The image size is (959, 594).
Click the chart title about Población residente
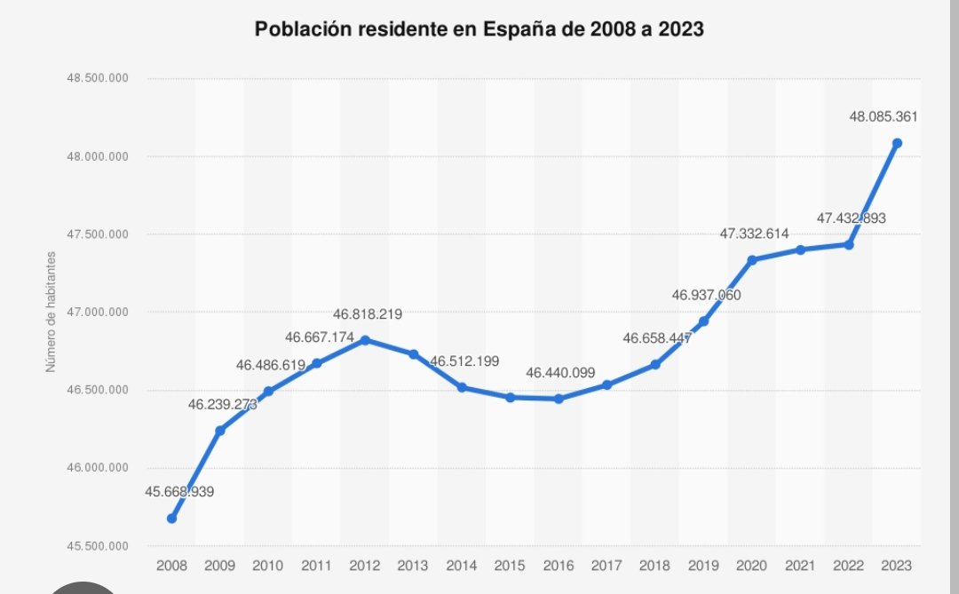(479, 29)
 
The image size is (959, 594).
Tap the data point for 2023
(897, 143)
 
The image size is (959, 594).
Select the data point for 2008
(171, 519)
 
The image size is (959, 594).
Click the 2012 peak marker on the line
(365, 340)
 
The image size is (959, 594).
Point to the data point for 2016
(559, 399)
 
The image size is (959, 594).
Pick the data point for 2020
(752, 259)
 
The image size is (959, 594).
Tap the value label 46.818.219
(368, 314)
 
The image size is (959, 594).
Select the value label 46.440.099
(560, 374)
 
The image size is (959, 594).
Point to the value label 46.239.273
(222, 404)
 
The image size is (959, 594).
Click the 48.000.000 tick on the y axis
(98, 157)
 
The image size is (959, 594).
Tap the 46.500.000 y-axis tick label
(98, 391)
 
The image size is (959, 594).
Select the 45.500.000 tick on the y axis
(98, 546)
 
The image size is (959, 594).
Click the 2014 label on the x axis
(462, 565)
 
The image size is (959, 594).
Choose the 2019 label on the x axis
(703, 565)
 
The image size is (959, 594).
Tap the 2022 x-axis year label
(849, 565)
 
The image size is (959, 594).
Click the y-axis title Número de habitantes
(52, 312)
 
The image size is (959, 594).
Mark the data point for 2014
(462, 387)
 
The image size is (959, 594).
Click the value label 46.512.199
(464, 361)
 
